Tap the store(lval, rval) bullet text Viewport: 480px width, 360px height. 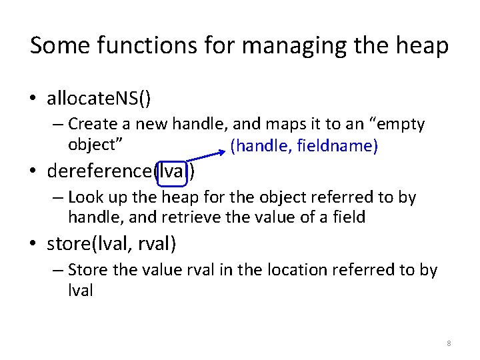(x=111, y=243)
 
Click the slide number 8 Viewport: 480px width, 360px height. (x=449, y=343)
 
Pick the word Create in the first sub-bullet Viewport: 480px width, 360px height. (x=89, y=124)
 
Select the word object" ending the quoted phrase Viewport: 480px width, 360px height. (x=98, y=143)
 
